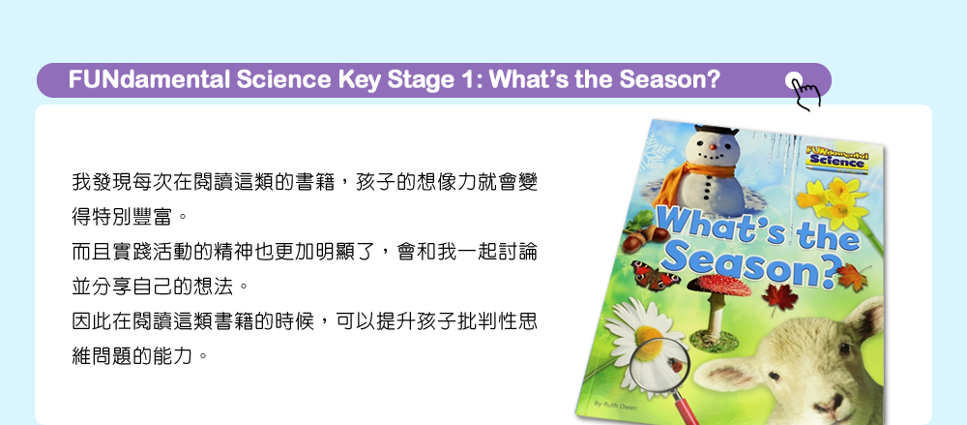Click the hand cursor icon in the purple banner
click(804, 91)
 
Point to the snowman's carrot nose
click(713, 148)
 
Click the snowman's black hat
click(716, 130)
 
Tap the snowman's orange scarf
click(689, 179)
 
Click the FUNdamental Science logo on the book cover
click(836, 158)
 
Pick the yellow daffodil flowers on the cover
click(834, 200)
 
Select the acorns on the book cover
click(643, 237)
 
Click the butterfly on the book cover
click(655, 276)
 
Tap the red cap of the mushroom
click(718, 285)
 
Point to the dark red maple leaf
click(779, 299)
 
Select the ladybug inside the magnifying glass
click(677, 366)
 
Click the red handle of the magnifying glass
click(686, 409)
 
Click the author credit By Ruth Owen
click(615, 406)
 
